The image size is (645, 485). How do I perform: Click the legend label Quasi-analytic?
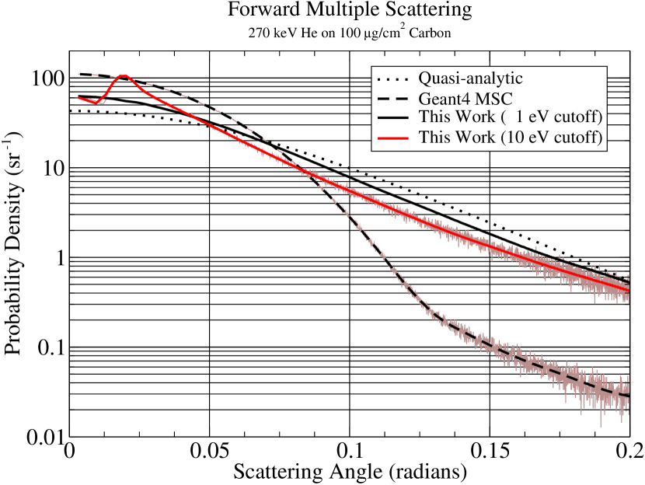click(470, 79)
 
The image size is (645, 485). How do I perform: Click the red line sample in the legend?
click(393, 138)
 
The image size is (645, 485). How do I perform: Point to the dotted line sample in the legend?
click(393, 79)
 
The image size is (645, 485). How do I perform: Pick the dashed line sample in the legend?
click(393, 99)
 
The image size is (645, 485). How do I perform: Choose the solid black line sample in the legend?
click(393, 118)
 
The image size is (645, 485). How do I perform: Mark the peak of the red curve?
click(124, 76)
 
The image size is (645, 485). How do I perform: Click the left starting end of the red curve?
click(78, 97)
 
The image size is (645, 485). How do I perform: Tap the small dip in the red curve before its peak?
click(96, 103)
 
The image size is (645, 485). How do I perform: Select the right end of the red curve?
click(628, 290)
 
